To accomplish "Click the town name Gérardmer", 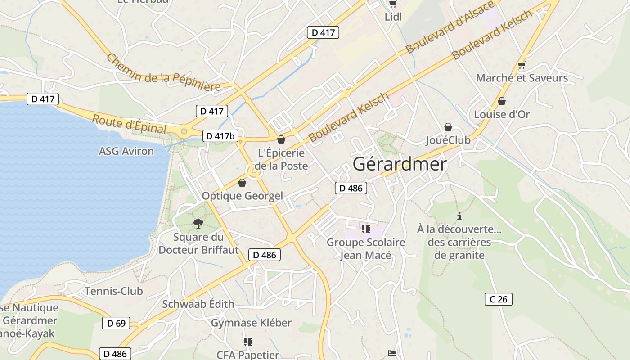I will pos(400,164).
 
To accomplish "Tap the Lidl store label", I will pos(393,17).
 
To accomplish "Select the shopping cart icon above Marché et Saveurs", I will pos(522,65).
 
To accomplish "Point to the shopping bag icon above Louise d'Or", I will pos(502,101).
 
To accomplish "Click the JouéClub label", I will pos(448,140).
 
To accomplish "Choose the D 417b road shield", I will pos(220,136).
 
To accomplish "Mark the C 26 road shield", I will pos(499,299).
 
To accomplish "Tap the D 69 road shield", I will pos(116,323).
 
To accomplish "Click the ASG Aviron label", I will pos(126,151).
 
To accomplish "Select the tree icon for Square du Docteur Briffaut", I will pos(198,223).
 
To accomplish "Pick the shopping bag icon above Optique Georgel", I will pos(242,183).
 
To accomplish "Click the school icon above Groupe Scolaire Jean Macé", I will pos(365,229).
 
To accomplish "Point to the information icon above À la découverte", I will pos(459,216).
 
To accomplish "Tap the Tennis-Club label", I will pos(114,291).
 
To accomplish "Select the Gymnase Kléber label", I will pos(251,323).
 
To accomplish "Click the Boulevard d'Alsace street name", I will pos(450,27).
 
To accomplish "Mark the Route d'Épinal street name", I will pos(129,124).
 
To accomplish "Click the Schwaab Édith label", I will pos(198,304).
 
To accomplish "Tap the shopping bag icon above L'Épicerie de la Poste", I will pos(281,140).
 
